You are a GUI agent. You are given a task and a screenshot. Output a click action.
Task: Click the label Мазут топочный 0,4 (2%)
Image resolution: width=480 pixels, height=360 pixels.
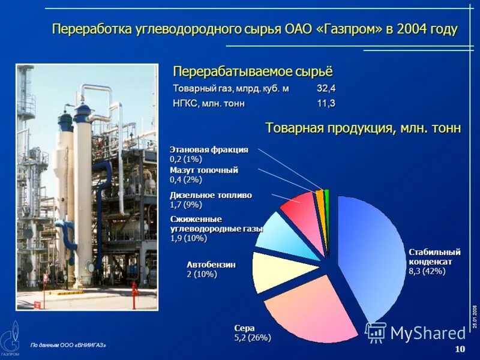[x=203, y=175]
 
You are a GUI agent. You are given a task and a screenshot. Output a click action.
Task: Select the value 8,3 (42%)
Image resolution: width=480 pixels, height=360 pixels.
[x=427, y=271]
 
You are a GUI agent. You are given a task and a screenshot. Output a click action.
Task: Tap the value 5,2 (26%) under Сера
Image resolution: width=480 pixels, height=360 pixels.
[x=252, y=338]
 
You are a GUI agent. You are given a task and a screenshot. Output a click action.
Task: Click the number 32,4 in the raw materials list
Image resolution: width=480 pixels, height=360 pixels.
[x=326, y=89]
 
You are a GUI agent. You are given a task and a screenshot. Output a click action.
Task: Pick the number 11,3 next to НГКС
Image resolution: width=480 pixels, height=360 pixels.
[x=326, y=103]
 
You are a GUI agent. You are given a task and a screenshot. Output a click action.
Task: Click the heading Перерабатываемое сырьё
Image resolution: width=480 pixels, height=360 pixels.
[x=252, y=72]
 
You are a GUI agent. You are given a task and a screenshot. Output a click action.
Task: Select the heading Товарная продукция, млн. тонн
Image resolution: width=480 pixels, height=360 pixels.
[x=363, y=128]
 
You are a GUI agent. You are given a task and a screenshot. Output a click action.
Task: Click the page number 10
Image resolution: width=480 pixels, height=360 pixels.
[x=460, y=349]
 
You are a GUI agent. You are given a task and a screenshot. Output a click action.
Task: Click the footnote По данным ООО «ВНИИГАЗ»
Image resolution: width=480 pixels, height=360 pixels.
[x=68, y=345]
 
